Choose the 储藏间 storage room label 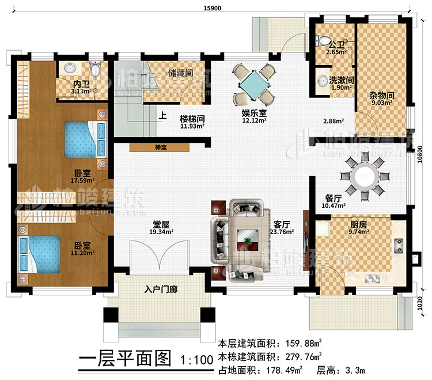[x=181, y=73]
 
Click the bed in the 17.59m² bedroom [x=84, y=139]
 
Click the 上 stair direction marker [x=163, y=115]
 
